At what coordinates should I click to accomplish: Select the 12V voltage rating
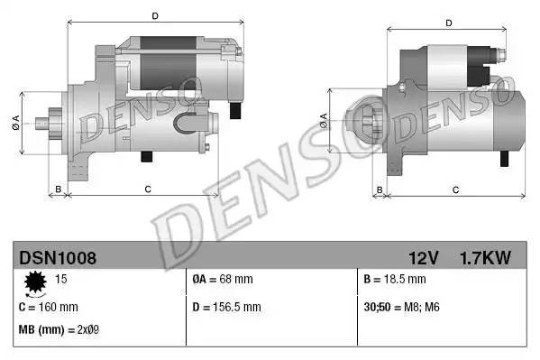point(424,258)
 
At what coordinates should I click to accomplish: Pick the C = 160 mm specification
point(49,307)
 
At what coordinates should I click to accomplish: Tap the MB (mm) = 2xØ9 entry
point(59,330)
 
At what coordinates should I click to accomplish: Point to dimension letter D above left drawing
point(155,15)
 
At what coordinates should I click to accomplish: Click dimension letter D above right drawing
point(448,23)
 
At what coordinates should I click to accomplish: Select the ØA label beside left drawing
point(16,123)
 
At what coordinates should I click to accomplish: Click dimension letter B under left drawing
point(59,189)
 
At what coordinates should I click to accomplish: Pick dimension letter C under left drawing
point(147,189)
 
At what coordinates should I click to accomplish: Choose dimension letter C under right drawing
point(455,189)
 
